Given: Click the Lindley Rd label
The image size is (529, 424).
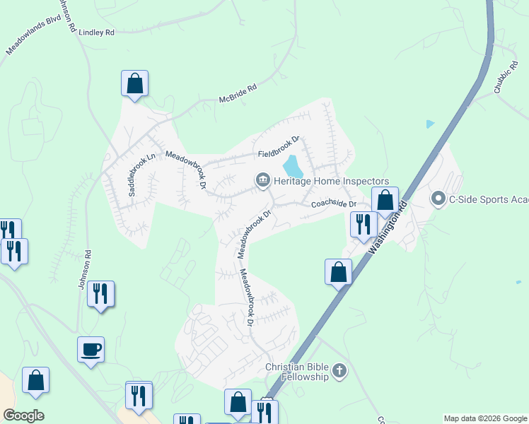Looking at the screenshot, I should click(96, 33).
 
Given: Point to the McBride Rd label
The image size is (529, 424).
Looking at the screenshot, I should click(238, 93).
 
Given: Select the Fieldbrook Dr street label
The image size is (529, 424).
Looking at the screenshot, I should click(279, 147).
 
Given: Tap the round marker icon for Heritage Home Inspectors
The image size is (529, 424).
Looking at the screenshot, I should click(262, 182).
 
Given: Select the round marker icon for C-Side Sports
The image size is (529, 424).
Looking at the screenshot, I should click(438, 199).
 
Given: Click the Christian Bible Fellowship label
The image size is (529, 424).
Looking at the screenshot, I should click(297, 372).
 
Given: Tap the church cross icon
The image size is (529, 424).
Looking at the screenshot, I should click(339, 371).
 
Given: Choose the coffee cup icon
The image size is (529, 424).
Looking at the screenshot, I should click(91, 349).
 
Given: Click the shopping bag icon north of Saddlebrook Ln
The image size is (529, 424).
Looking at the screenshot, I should click(134, 83).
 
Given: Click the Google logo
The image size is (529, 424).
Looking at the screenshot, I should click(23, 416).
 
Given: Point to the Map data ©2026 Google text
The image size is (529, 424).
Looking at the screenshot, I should click(484, 418).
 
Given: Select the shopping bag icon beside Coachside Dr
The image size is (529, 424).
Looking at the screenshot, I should click(385, 200).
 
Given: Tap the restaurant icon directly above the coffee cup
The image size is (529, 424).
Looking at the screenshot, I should click(100, 294).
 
